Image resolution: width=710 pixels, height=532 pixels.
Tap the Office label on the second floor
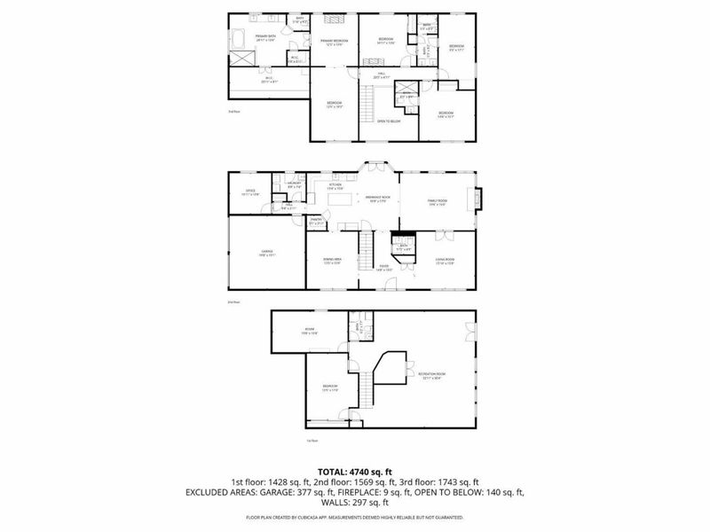click(252, 192)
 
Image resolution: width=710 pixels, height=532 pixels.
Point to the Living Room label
click(445, 261)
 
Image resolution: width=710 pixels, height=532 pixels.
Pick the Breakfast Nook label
click(380, 199)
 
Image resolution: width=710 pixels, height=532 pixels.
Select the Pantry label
click(315, 221)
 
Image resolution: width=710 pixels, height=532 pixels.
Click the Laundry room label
click(295, 185)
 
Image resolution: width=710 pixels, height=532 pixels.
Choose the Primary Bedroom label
click(333, 42)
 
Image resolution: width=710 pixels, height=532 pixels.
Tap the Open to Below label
click(388, 121)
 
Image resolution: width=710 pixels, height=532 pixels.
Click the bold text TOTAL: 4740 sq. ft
click(354, 472)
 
